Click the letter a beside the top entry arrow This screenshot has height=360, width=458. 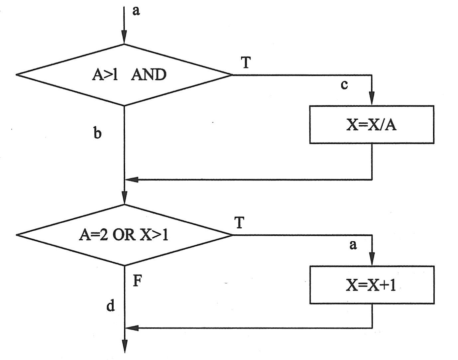click(x=136, y=11)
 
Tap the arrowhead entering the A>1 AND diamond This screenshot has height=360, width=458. click(x=124, y=37)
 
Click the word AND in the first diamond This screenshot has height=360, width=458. click(x=148, y=75)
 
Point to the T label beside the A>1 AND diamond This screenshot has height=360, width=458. click(x=246, y=62)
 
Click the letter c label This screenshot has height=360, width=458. click(x=344, y=85)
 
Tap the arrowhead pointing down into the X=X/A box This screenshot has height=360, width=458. click(x=372, y=98)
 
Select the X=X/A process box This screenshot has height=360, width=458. click(x=372, y=125)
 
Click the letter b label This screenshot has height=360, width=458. click(x=97, y=133)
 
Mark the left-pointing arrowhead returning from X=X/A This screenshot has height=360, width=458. click(x=132, y=180)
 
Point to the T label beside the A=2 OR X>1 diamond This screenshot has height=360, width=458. click(x=239, y=223)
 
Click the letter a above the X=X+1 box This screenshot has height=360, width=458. click(x=353, y=245)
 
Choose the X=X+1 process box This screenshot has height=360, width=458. click(x=372, y=285)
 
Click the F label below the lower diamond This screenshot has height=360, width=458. click(x=138, y=282)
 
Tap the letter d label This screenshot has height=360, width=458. click(x=111, y=305)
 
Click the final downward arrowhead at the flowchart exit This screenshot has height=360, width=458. click(x=125, y=346)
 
